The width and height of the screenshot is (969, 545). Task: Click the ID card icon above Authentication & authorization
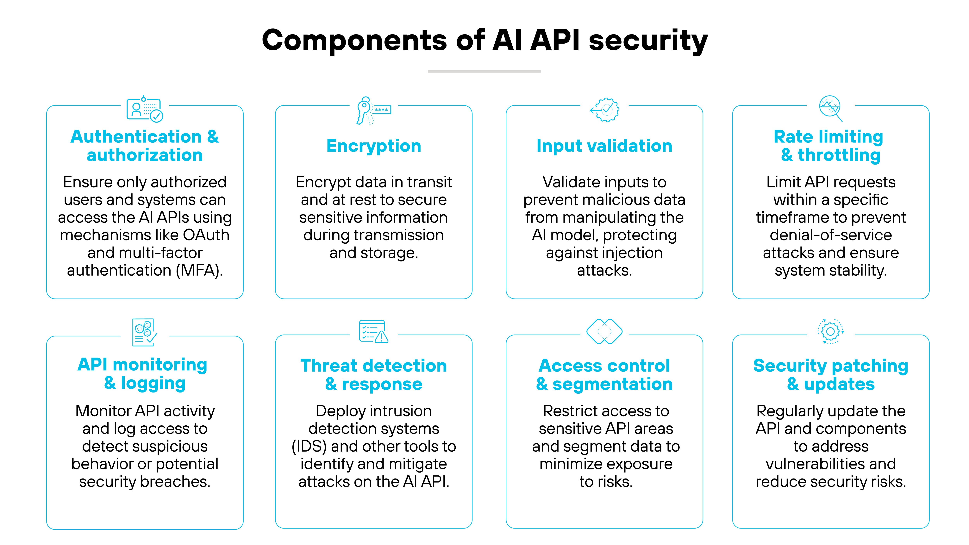(x=144, y=110)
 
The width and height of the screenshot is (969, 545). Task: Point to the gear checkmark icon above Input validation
(x=604, y=110)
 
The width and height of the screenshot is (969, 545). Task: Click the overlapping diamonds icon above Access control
(x=604, y=331)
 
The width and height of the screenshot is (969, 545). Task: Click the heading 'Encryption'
(x=373, y=146)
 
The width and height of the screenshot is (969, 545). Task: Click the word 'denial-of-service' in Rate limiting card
(x=831, y=235)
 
